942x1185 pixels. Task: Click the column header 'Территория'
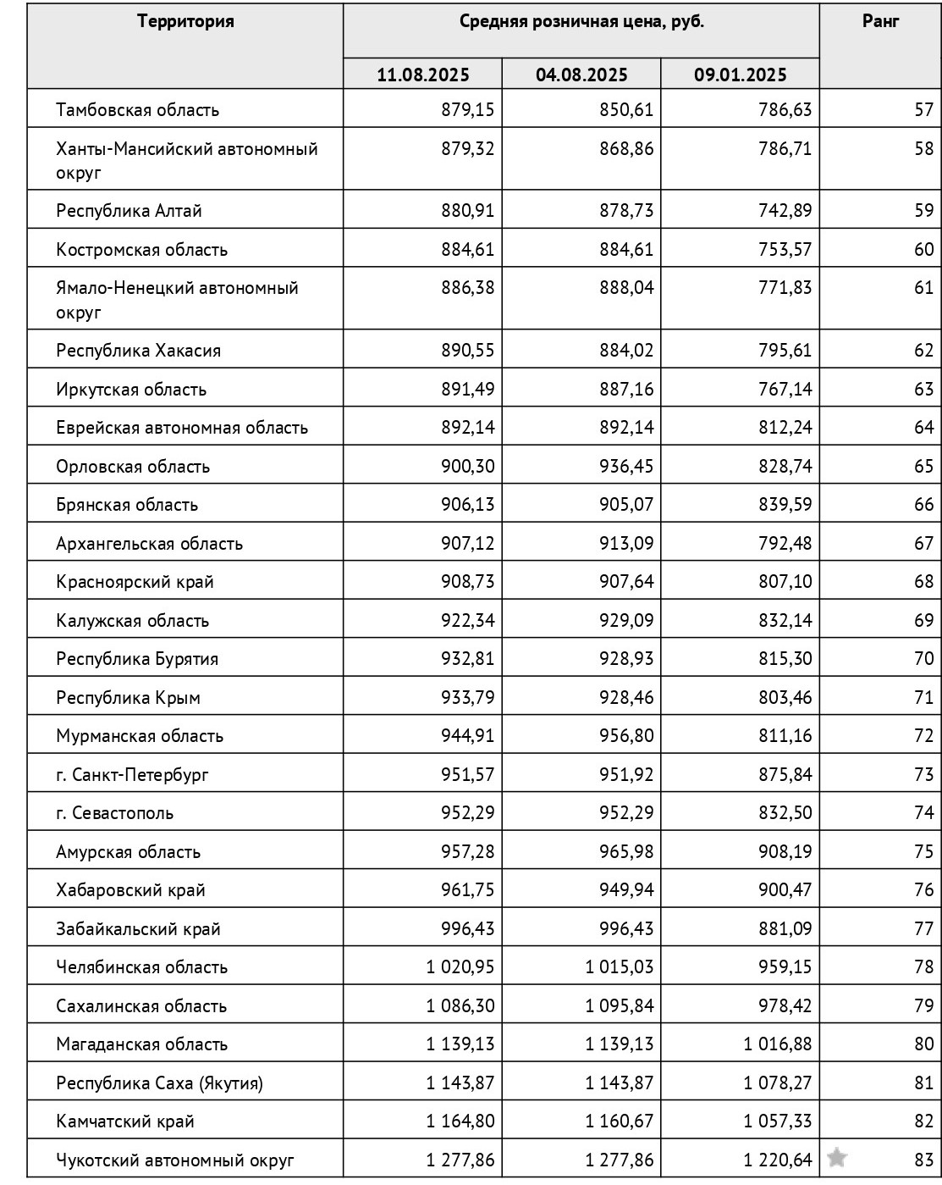pyautogui.click(x=185, y=21)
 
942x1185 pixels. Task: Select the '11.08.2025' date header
pyautogui.click(x=422, y=75)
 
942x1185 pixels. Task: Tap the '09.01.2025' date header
pyautogui.click(x=740, y=75)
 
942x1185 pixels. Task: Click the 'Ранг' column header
pyautogui.click(x=880, y=21)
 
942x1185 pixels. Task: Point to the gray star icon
pyautogui.click(x=836, y=1157)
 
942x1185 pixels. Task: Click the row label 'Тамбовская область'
pyautogui.click(x=137, y=110)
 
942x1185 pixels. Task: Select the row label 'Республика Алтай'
pyautogui.click(x=129, y=211)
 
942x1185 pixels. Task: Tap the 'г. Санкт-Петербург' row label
pyautogui.click(x=132, y=774)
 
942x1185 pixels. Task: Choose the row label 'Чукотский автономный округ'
pyautogui.click(x=174, y=1160)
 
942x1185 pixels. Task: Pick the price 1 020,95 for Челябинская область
pyautogui.click(x=460, y=967)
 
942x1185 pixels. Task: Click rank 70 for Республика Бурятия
pyautogui.click(x=923, y=659)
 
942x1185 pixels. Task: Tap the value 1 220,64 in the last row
pyautogui.click(x=778, y=1160)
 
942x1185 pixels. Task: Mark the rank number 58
pyautogui.click(x=923, y=149)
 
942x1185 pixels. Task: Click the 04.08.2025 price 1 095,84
pyautogui.click(x=619, y=1006)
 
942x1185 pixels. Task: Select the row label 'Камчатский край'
pyautogui.click(x=124, y=1121)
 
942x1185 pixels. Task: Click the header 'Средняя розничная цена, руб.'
pyautogui.click(x=581, y=21)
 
